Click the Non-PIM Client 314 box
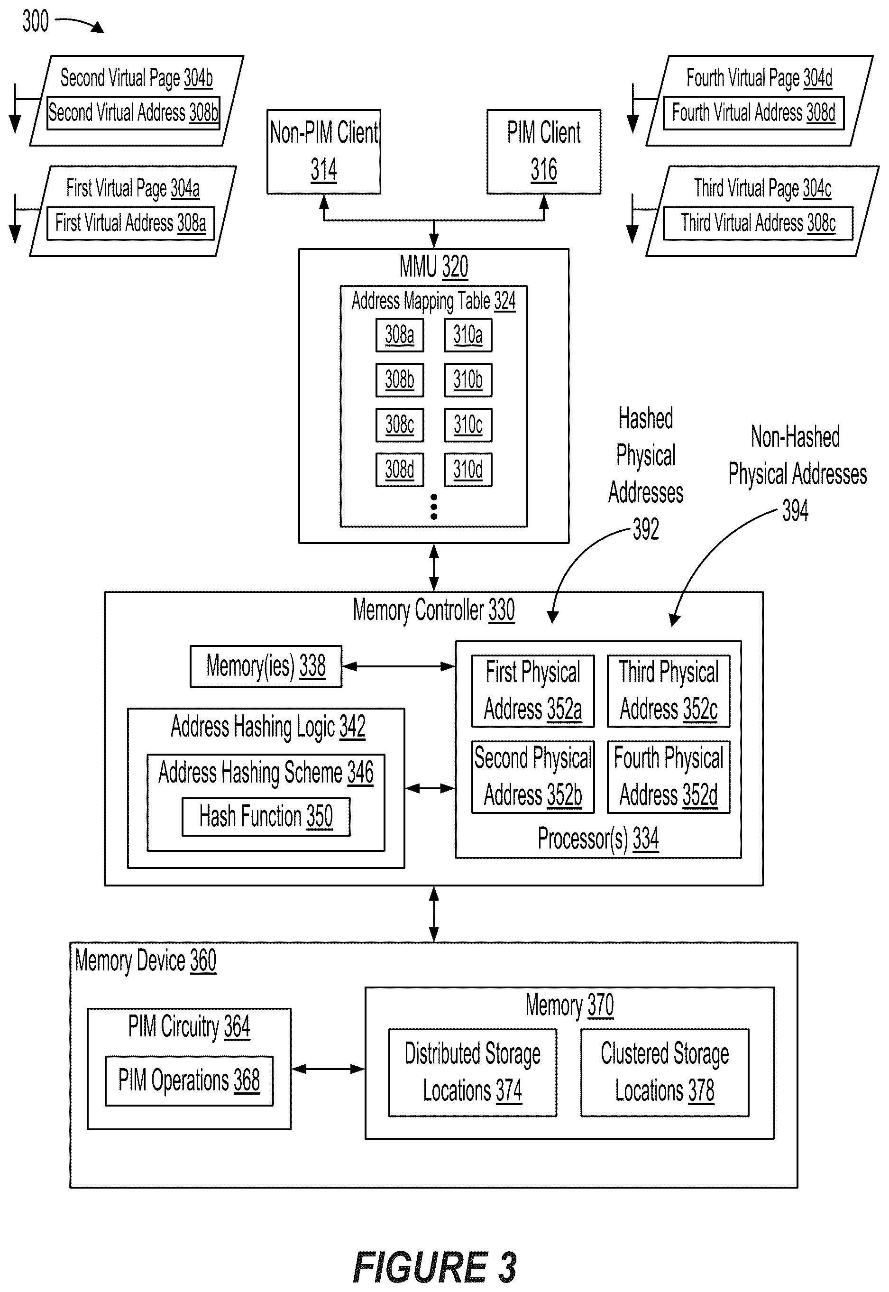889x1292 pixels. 324,152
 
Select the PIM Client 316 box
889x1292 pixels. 544,152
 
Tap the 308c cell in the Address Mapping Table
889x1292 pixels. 399,425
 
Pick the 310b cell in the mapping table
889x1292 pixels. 468,380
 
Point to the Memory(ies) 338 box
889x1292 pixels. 266,666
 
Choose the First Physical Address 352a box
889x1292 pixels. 533,691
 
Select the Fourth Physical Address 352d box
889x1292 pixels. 669,776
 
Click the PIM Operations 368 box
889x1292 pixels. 189,1081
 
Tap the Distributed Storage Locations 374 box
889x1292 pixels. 472,1072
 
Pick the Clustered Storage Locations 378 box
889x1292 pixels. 665,1072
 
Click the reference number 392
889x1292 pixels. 646,529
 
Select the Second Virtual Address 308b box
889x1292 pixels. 133,113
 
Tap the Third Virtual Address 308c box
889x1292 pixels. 758,223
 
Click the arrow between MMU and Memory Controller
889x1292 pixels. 434,567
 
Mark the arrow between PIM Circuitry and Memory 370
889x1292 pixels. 328,1069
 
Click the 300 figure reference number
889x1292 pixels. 36,21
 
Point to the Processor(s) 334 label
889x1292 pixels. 598,839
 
